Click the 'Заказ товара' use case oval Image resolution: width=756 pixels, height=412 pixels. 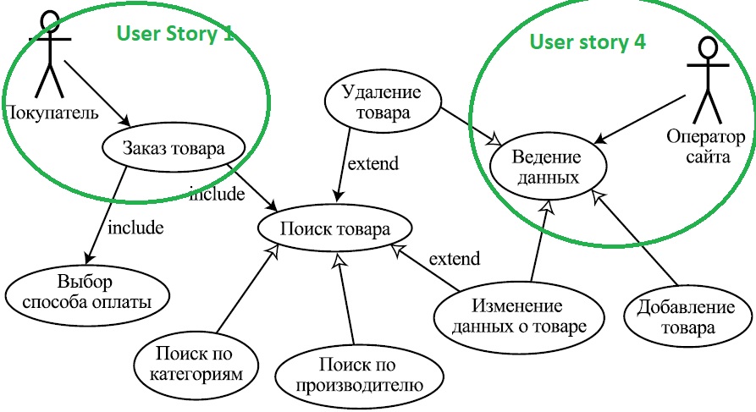pos(173,148)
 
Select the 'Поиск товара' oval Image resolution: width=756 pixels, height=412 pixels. pos(334,228)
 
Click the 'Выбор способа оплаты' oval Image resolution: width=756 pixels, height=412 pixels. pos(87,291)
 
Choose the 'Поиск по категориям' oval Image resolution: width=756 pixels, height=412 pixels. pos(194,361)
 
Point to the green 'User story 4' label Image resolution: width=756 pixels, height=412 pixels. pos(581,42)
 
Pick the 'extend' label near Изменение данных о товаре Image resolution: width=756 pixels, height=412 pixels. pos(454,259)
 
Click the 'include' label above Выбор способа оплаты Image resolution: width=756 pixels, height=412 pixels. pos(135,227)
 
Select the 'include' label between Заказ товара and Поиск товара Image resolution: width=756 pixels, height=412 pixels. pos(217,194)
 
